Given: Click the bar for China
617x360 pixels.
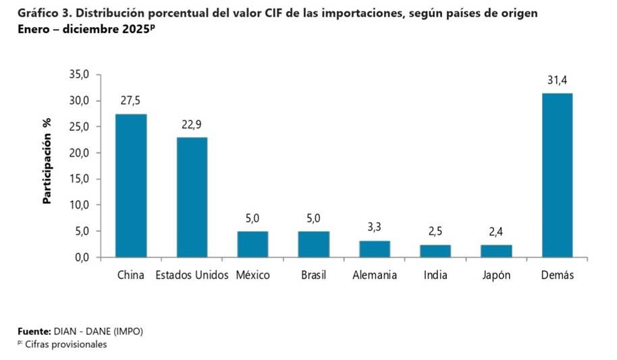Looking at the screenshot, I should click(131, 186).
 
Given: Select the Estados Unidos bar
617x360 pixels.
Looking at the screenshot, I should click(192, 197).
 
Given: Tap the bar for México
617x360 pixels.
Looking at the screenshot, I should click(252, 244).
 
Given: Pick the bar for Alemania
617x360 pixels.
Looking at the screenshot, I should click(375, 249).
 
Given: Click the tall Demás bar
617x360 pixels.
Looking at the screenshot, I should click(557, 175).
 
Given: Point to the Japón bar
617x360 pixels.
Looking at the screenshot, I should click(496, 251).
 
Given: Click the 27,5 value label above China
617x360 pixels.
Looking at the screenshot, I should click(131, 101).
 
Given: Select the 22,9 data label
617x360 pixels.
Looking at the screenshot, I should click(192, 124).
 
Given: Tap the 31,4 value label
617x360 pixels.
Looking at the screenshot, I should click(557, 80).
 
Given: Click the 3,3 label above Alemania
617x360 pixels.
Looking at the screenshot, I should click(375, 227).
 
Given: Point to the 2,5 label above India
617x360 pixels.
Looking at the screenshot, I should click(435, 232).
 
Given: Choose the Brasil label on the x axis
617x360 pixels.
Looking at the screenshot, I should click(313, 276).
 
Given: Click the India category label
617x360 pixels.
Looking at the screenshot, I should click(435, 276).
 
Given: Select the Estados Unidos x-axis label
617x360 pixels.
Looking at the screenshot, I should click(192, 276).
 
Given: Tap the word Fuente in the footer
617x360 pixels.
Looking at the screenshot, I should click(33, 332).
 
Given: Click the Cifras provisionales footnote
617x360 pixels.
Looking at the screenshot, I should click(65, 344).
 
